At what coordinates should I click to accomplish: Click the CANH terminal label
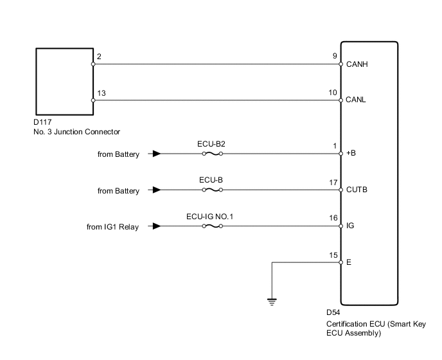tap(357, 64)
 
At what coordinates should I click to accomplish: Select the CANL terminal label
tap(357, 100)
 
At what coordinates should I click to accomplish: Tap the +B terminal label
tap(351, 154)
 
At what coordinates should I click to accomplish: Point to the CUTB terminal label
tap(357, 190)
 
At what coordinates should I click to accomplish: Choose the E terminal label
tap(348, 262)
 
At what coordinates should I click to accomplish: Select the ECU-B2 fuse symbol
tap(211, 154)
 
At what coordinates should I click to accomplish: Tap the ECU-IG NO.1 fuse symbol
tap(211, 226)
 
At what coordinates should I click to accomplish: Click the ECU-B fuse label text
tap(211, 179)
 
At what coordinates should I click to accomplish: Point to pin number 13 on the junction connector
tap(102, 93)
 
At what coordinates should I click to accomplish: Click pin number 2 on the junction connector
tap(98, 57)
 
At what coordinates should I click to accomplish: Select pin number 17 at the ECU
tap(333, 183)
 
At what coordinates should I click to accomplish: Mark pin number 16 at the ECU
tap(333, 219)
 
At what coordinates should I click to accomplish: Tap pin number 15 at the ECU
tap(333, 255)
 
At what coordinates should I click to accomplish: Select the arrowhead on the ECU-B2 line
tap(156, 154)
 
